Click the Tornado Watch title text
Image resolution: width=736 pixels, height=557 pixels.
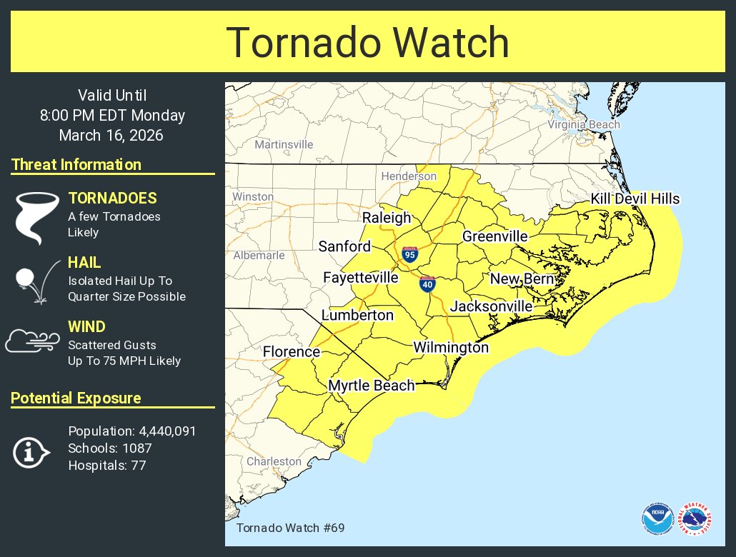coord(367,43)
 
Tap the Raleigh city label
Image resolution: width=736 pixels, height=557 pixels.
coord(387,218)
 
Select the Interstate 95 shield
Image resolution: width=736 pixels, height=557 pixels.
coord(409,255)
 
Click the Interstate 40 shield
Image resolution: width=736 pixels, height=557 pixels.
coord(427,283)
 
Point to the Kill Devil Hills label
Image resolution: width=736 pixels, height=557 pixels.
coord(635,199)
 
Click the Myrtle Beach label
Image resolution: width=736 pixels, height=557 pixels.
coord(371,386)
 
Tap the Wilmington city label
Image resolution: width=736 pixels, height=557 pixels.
coord(451,348)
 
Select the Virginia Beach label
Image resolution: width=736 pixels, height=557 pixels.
coord(584,125)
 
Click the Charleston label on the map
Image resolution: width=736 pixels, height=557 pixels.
coord(274,462)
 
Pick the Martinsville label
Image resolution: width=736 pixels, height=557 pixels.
coord(284,144)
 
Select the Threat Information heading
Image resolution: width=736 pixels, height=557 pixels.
coord(76,165)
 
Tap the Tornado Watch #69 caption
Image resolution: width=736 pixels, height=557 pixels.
coord(290,528)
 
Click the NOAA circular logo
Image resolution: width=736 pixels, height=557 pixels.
coord(657,519)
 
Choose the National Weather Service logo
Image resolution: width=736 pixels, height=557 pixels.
coord(695,519)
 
